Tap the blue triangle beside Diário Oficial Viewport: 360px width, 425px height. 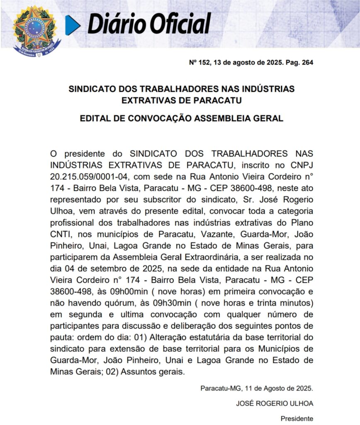(72, 24)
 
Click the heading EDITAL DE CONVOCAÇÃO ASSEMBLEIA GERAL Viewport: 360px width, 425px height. (181, 118)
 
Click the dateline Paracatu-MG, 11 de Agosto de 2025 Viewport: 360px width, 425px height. (256, 389)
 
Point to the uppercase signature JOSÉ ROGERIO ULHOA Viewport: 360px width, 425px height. (275, 403)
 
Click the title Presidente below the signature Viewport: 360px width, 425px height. (297, 418)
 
